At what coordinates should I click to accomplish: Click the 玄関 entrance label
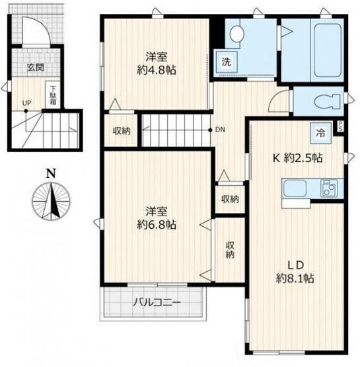point(36,67)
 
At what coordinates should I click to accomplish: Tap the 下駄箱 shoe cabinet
point(53,95)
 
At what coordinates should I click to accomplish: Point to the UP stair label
point(26,103)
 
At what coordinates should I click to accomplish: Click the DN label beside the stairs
point(220,130)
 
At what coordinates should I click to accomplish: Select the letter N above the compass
point(52,174)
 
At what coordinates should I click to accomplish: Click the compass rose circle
point(52,201)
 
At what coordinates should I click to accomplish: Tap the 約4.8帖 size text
point(157,69)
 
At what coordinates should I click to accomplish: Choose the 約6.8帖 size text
point(157,225)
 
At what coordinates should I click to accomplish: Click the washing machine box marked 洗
point(227,61)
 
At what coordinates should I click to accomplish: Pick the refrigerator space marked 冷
point(321,133)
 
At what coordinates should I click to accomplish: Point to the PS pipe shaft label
point(340,126)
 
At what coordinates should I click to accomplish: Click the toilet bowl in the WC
point(327,102)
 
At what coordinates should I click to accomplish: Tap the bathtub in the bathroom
point(327,50)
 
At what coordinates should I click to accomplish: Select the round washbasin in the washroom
point(237,34)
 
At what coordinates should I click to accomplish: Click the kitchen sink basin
point(295,188)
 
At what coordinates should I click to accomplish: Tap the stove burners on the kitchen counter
point(329,188)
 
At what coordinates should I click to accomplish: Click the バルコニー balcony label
point(157,303)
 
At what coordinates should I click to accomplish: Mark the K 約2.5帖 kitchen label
point(298,158)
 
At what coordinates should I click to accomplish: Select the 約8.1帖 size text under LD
point(295,278)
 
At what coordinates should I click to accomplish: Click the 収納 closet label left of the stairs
point(122,131)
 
